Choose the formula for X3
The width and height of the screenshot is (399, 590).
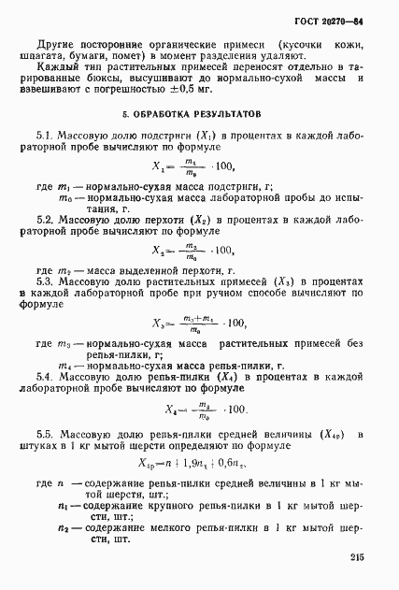pyautogui.click(x=198, y=324)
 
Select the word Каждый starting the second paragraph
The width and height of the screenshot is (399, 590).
pyautogui.click(x=58, y=68)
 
